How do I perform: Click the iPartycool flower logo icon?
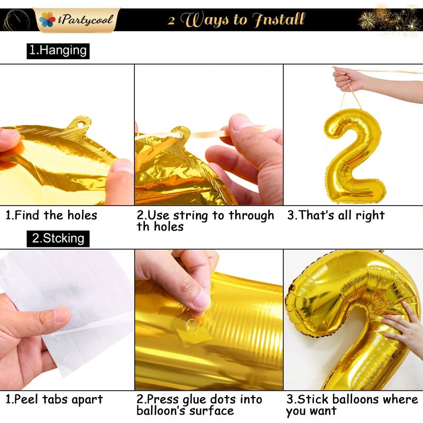coord(47,20)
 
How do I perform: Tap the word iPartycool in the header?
coord(85,20)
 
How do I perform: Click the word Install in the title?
coord(279,20)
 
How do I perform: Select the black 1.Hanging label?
coord(58,51)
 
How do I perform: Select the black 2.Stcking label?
coord(58,239)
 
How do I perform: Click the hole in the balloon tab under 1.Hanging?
coord(80,125)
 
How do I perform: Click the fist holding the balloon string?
coord(346,78)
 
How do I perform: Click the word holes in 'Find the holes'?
coord(82,215)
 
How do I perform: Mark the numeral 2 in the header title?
coord(171,21)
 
